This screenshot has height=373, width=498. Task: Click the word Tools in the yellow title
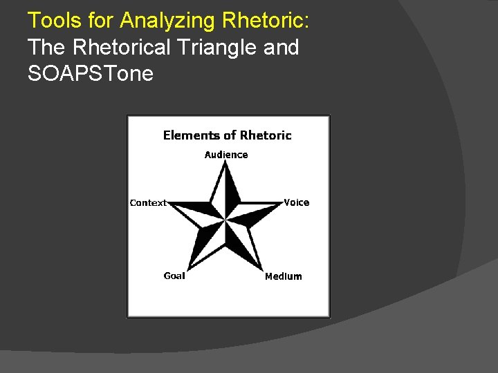click(x=55, y=20)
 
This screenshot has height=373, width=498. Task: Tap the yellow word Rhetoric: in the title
click(x=266, y=20)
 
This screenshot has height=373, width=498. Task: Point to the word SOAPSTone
click(x=91, y=74)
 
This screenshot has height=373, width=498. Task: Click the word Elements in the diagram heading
click(x=192, y=135)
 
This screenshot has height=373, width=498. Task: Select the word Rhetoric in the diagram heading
click(x=266, y=135)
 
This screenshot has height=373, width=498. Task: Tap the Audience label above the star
click(x=226, y=155)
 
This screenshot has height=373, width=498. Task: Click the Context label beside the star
click(x=148, y=203)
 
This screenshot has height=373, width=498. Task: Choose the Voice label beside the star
click(x=296, y=202)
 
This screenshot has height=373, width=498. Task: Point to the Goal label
click(x=174, y=276)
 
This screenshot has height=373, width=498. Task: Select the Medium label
click(x=284, y=276)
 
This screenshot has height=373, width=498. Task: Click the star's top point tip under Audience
click(x=225, y=160)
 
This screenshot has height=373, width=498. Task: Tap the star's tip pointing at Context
click(x=167, y=202)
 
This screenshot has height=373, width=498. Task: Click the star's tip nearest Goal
click(x=188, y=271)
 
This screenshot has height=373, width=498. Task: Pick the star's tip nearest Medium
click(x=263, y=271)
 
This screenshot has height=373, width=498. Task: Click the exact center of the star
click(x=225, y=219)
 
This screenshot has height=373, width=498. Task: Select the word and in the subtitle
click(x=281, y=47)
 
